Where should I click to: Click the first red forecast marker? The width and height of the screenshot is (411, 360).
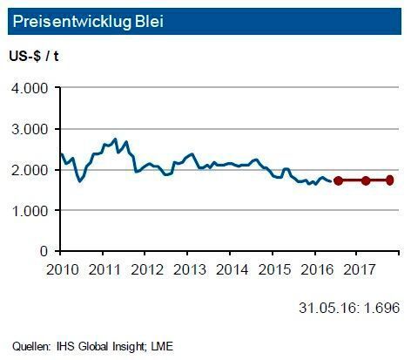tap(338, 180)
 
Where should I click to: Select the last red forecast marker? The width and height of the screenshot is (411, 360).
tap(390, 180)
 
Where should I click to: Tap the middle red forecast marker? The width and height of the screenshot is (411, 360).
tap(366, 180)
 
